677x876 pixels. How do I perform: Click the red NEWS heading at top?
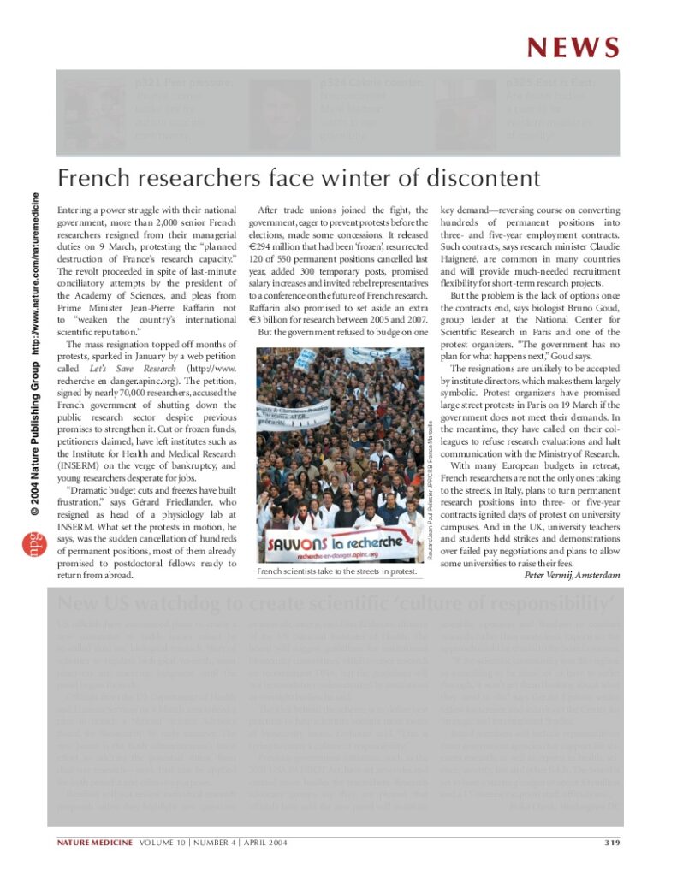[573, 47]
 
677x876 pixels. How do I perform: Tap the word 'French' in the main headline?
[94, 178]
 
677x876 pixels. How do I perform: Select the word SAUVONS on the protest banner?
[295, 543]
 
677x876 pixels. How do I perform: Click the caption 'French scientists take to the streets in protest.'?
[337, 571]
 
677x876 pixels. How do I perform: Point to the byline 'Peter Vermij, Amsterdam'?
[572, 574]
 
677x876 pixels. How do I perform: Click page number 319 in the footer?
[609, 843]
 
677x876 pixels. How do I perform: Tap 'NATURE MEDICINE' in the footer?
[90, 843]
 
